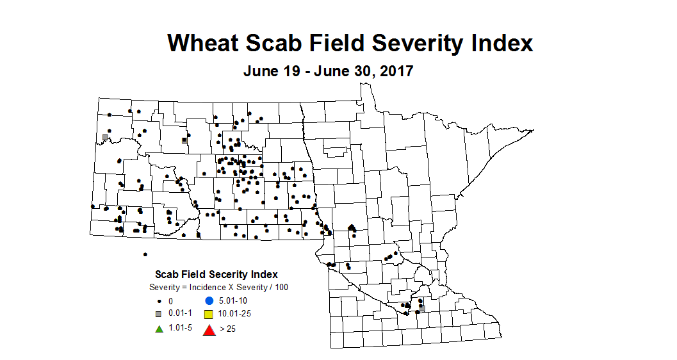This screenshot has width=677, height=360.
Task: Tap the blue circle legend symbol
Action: click(x=208, y=300)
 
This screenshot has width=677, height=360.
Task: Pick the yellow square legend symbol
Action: click(x=208, y=315)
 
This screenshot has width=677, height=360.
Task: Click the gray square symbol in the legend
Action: click(x=158, y=314)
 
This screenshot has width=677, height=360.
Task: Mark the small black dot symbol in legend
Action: click(x=158, y=301)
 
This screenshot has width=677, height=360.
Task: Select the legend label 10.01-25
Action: click(x=234, y=315)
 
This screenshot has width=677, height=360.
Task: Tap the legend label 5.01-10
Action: click(x=233, y=300)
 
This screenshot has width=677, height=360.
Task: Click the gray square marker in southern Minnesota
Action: click(x=422, y=308)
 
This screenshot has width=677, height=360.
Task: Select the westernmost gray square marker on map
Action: click(x=105, y=137)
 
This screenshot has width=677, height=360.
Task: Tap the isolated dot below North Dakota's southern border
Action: click(x=145, y=254)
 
